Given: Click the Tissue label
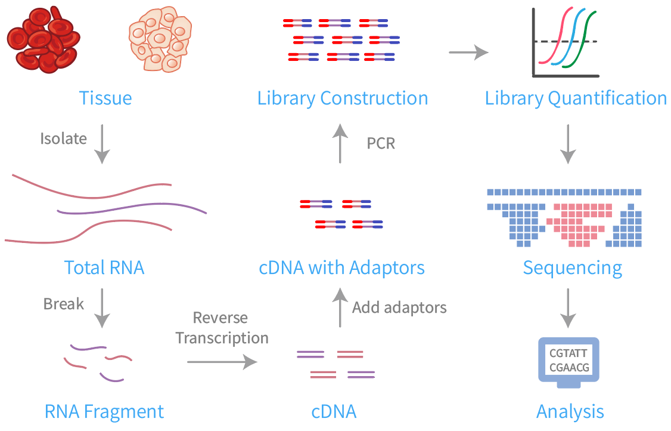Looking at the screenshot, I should pyautogui.click(x=105, y=98).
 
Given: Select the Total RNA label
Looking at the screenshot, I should pyautogui.click(x=104, y=267).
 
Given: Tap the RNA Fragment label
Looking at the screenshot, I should pyautogui.click(x=104, y=411).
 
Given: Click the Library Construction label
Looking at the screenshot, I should pyautogui.click(x=343, y=98).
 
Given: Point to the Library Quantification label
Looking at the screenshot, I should pyautogui.click(x=576, y=98).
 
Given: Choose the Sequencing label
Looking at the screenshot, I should pyautogui.click(x=572, y=267).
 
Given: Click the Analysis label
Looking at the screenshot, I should pyautogui.click(x=570, y=411).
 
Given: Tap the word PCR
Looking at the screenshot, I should pyautogui.click(x=381, y=144).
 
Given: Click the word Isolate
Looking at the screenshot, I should pyautogui.click(x=63, y=139).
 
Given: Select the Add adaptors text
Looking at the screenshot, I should pyautogui.click(x=399, y=308).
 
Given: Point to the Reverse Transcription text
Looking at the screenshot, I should pyautogui.click(x=222, y=328).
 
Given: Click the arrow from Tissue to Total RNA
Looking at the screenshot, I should pyautogui.click(x=102, y=144).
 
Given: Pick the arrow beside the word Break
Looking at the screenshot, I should pyautogui.click(x=102, y=308).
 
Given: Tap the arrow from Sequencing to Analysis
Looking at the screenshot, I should pyautogui.click(x=569, y=308).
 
